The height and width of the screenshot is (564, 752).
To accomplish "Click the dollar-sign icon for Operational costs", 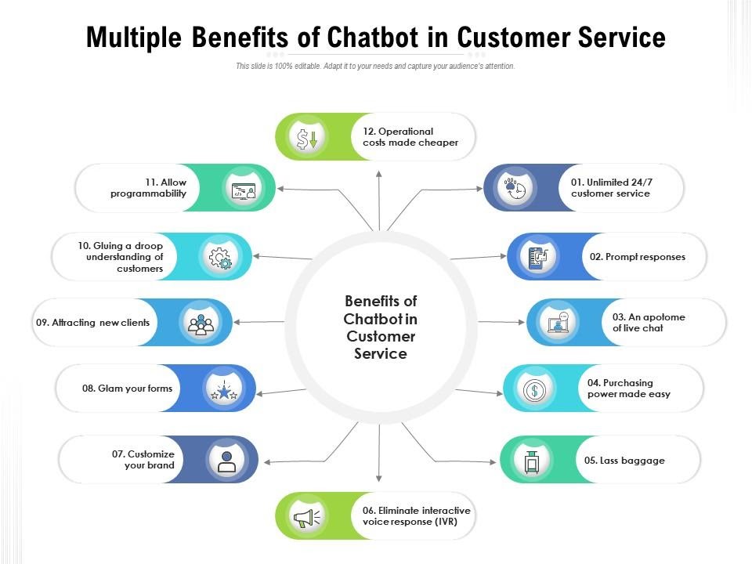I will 303,138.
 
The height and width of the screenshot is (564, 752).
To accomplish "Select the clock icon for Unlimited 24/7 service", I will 514,189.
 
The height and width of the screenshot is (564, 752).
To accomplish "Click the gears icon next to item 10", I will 220,257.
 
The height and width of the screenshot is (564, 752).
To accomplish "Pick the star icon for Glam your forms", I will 225,389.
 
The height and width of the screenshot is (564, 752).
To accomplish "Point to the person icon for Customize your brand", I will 226,460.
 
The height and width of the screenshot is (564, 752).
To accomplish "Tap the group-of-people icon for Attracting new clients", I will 201,323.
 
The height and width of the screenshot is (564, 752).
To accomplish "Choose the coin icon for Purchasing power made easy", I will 533,389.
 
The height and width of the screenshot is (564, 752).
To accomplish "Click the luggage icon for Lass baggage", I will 532,461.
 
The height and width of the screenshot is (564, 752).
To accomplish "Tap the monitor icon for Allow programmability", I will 244,189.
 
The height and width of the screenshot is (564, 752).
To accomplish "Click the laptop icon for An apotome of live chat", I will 559,323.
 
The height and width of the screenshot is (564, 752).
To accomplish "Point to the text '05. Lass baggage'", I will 624,461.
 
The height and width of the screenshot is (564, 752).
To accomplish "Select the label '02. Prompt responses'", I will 638,257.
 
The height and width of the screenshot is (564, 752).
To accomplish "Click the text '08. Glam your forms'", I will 127,389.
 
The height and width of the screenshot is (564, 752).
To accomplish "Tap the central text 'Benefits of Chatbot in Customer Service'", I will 381,327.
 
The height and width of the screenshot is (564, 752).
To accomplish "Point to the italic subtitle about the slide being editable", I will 375,67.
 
